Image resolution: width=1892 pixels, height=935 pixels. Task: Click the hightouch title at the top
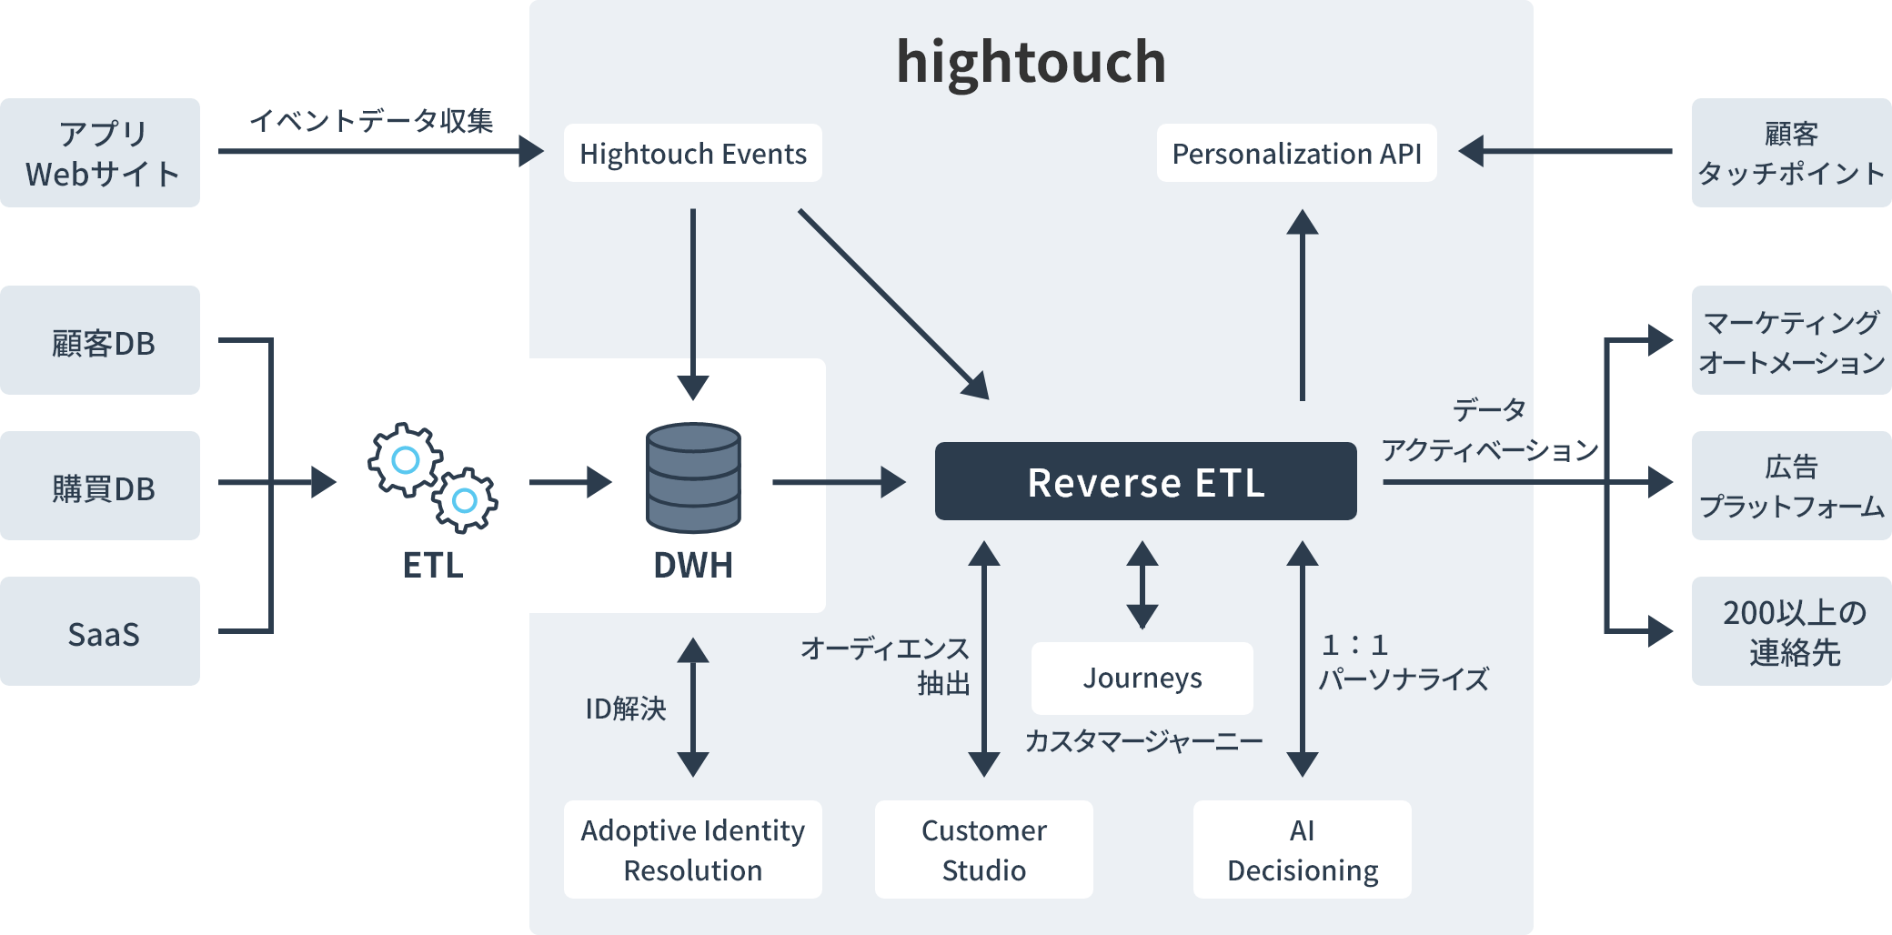click(x=1031, y=62)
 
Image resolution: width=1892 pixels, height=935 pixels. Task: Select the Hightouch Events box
click(x=692, y=154)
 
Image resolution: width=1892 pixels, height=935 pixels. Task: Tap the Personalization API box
click(x=1296, y=154)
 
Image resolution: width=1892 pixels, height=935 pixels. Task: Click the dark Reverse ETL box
click(x=1145, y=482)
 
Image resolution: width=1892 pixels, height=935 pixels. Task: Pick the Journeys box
click(x=1142, y=679)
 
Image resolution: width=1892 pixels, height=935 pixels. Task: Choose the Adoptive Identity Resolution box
click(x=692, y=850)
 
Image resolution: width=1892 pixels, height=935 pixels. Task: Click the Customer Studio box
click(x=983, y=850)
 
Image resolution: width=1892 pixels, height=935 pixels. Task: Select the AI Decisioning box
click(x=1302, y=850)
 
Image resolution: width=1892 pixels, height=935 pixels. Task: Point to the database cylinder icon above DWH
click(x=693, y=478)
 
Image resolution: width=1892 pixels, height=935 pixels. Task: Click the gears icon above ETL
click(x=433, y=478)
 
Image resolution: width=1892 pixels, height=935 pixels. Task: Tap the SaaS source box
click(x=100, y=631)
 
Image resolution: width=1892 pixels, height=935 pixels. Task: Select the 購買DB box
click(x=100, y=486)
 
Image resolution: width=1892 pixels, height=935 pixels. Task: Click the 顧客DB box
click(x=100, y=340)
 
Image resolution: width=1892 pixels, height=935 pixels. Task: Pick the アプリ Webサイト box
click(x=100, y=153)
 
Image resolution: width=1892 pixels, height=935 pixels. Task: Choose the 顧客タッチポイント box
click(x=1791, y=153)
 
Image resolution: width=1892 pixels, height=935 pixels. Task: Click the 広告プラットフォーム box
click(x=1791, y=486)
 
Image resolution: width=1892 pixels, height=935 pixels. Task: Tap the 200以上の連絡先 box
click(x=1791, y=631)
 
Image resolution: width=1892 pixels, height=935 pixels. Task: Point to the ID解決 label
click(x=626, y=709)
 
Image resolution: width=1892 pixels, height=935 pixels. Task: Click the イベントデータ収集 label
click(x=371, y=120)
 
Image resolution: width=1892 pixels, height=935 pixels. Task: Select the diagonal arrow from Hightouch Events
click(x=891, y=303)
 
